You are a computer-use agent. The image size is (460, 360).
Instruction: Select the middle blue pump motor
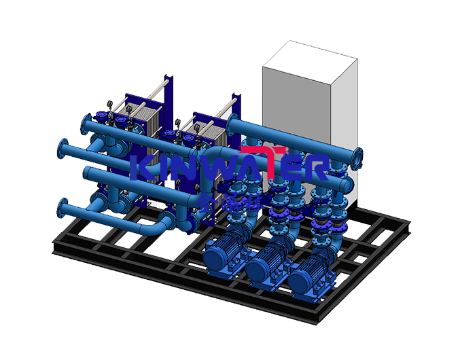pyautogui.click(x=264, y=267)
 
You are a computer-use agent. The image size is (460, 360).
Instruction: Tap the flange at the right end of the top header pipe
pyautogui.click(x=355, y=158)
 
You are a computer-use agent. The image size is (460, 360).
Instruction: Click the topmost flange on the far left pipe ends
pyautogui.click(x=84, y=125)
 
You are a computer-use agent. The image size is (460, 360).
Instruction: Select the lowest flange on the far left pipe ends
pyautogui.click(x=63, y=208)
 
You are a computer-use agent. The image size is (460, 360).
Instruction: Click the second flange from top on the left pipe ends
pyautogui.click(x=64, y=147)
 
